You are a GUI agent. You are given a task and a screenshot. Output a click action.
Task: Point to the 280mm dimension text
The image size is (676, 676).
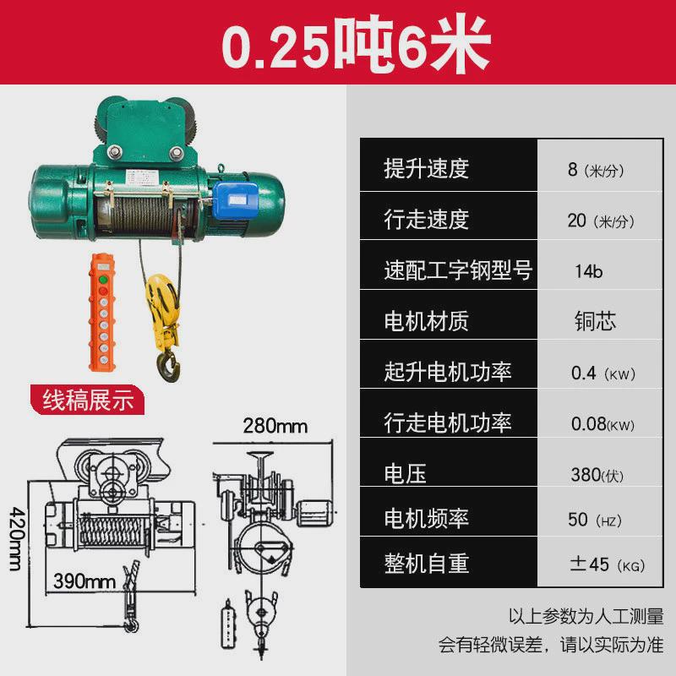(275, 426)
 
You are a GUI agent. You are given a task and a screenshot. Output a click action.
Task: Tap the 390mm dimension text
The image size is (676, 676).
(84, 582)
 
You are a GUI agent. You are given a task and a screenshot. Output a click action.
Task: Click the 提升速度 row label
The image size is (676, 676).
(426, 168)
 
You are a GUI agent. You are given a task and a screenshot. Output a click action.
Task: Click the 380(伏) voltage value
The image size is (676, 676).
(597, 475)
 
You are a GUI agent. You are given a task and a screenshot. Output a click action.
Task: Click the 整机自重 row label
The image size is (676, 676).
(426, 563)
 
